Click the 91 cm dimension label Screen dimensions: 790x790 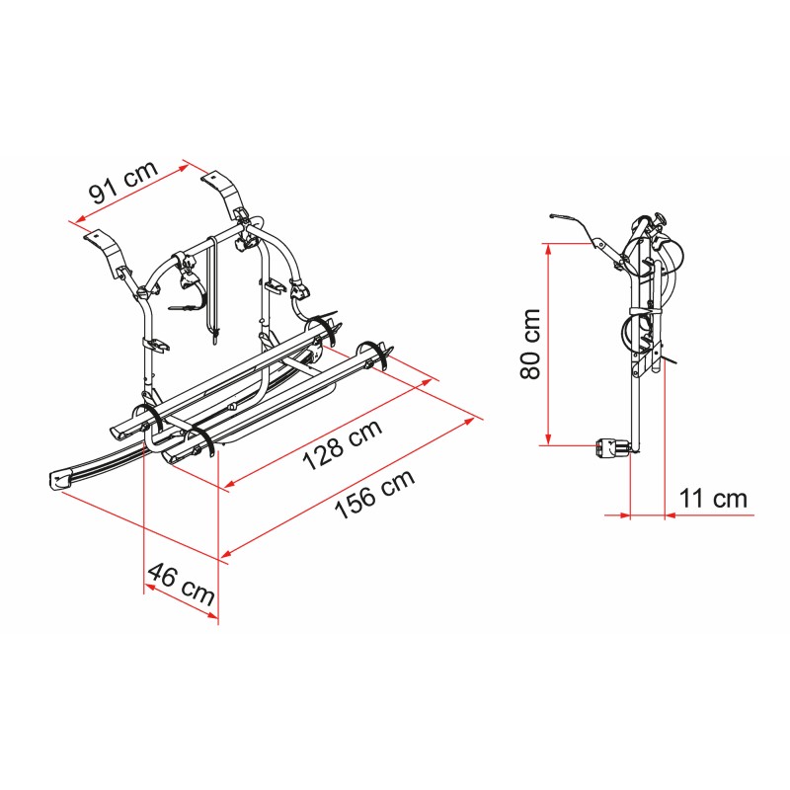tap(123, 181)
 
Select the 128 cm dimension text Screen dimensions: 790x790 tap(343, 445)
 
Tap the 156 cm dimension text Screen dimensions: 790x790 tap(375, 495)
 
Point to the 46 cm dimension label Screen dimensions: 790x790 tap(182, 585)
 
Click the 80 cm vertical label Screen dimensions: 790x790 tap(530, 344)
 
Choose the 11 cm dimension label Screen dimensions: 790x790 tap(713, 499)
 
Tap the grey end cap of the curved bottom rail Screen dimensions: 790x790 tap(60, 480)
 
